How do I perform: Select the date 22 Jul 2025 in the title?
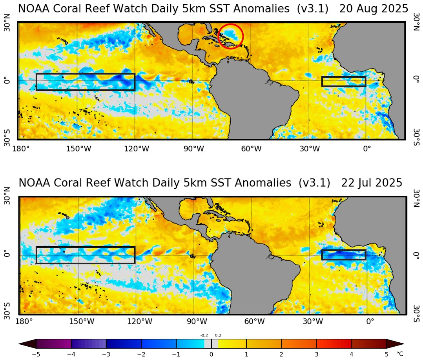(x=372, y=183)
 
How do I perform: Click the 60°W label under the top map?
(x=251, y=149)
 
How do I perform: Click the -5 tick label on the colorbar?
(x=36, y=355)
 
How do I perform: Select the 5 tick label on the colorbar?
(x=387, y=355)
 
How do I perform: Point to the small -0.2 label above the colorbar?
(x=204, y=335)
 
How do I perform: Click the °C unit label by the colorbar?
(x=400, y=355)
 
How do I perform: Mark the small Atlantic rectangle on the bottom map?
(x=344, y=255)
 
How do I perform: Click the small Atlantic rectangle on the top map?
(x=344, y=82)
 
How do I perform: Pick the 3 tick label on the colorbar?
(x=317, y=355)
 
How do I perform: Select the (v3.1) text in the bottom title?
(x=314, y=183)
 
